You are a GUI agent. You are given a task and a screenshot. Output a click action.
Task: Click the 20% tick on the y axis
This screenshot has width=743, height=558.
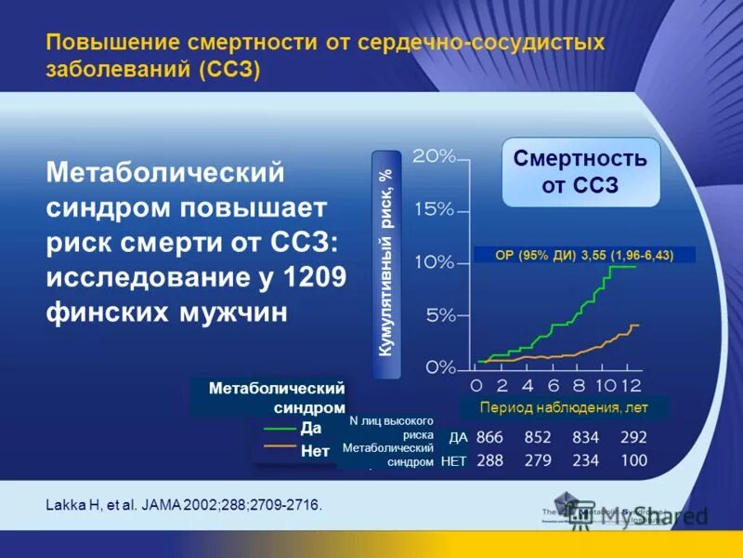[x=433, y=156]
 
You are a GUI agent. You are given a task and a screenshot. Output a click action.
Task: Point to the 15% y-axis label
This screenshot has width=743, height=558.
[x=433, y=209]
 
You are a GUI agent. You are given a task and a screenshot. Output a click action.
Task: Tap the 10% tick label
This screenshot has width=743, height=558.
[x=433, y=262]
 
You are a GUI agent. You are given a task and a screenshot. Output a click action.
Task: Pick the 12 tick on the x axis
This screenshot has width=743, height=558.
[x=631, y=385]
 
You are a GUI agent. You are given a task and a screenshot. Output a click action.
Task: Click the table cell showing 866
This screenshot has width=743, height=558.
[x=489, y=437]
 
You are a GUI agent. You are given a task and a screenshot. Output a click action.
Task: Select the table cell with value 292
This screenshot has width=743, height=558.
[x=634, y=437]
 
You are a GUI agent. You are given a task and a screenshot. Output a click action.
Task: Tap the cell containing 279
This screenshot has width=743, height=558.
[x=538, y=460]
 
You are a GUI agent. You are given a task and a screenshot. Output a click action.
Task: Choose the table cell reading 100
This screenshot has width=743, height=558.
[x=634, y=460]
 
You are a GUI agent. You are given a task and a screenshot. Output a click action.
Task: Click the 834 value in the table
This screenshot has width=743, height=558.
[x=585, y=437]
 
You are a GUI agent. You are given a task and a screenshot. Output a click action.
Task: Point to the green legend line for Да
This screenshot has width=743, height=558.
[x=279, y=429]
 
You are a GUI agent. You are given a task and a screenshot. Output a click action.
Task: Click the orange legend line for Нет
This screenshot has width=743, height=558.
[x=279, y=445]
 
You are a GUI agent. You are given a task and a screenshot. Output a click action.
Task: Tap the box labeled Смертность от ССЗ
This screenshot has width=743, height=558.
[x=580, y=172]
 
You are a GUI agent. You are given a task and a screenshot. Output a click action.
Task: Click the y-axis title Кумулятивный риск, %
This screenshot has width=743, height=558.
[x=386, y=263]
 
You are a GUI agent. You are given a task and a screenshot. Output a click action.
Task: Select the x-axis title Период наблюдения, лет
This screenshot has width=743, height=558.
[x=563, y=407]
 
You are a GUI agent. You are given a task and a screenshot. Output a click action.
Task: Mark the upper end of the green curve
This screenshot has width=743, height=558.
[x=634, y=266]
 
